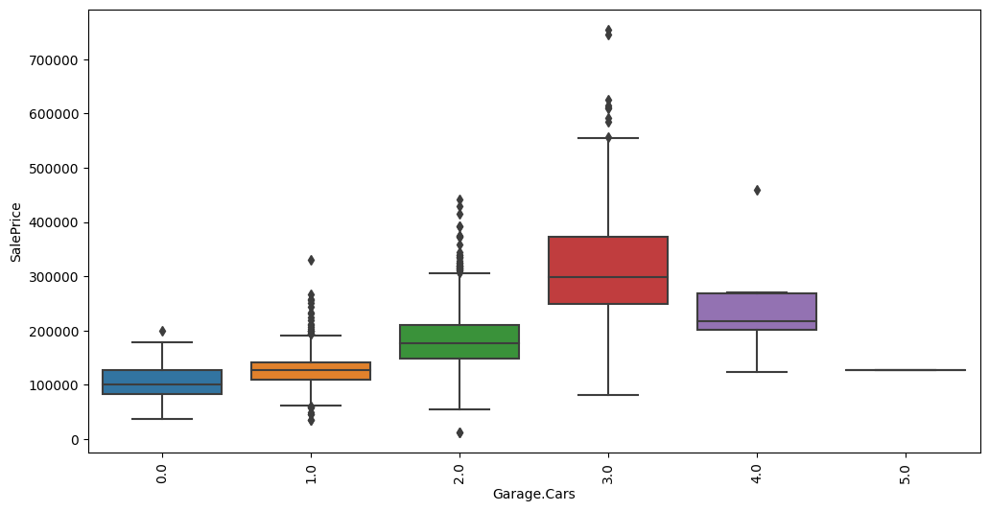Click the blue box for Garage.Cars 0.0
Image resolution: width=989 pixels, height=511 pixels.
click(162, 382)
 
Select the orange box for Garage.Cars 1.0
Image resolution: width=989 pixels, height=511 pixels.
click(311, 371)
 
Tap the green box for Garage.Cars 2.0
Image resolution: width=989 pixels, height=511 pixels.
click(459, 341)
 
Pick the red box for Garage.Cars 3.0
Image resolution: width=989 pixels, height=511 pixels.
click(608, 269)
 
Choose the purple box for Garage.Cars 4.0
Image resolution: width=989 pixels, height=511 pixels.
click(757, 312)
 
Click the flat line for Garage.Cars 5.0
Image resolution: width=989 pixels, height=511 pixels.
click(906, 370)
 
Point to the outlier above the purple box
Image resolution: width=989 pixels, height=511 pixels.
click(757, 190)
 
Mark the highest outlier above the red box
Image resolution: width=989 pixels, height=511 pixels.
click(608, 30)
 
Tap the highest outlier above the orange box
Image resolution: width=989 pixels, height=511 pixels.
click(311, 260)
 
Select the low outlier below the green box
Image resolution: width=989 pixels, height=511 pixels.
click(459, 432)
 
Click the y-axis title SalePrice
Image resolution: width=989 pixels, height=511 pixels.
click(16, 232)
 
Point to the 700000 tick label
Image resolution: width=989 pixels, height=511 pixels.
click(59, 59)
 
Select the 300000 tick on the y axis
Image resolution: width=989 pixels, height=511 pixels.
click(59, 276)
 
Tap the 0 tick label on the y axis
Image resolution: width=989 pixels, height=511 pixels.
click(75, 439)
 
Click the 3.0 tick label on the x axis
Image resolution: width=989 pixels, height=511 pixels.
click(608, 474)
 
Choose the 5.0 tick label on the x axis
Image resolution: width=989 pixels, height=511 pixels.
click(906, 474)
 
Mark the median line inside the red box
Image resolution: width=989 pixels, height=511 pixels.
click(608, 277)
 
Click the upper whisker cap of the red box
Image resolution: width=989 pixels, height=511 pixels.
click(608, 138)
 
